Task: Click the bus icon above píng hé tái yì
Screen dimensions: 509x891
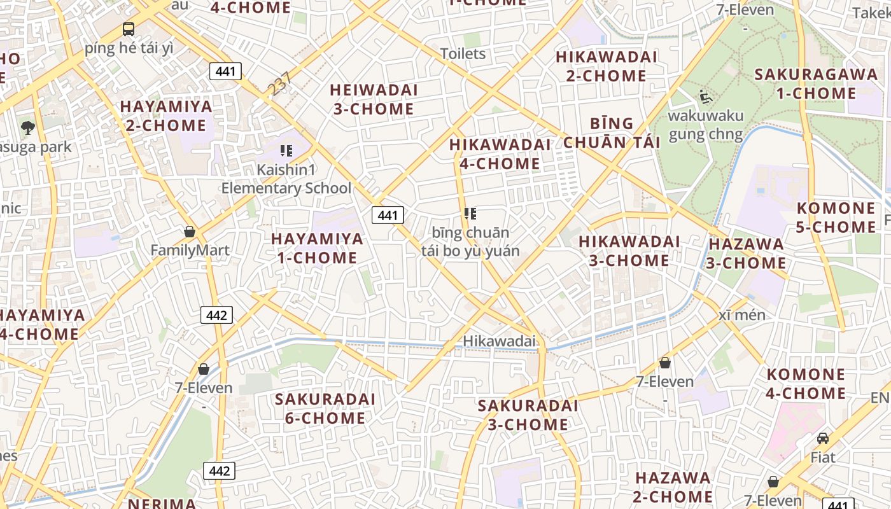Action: [129, 29]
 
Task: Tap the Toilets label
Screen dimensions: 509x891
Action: [463, 53]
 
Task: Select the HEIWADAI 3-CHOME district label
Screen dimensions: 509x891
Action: [374, 99]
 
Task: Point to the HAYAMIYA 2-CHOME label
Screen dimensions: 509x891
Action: [166, 115]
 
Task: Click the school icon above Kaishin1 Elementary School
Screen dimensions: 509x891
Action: [286, 151]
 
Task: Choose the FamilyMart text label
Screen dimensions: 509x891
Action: [190, 250]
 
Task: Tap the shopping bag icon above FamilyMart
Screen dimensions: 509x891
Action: [189, 232]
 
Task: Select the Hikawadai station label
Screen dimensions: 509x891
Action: [500, 341]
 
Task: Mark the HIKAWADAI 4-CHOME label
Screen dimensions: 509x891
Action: [500, 154]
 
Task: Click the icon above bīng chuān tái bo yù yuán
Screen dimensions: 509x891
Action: [470, 214]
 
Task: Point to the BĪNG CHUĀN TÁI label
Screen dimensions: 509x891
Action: [612, 132]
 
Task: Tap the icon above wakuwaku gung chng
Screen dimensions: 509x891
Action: [705, 97]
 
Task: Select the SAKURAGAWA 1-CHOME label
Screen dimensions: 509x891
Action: [816, 83]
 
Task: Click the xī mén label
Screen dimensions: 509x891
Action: [742, 315]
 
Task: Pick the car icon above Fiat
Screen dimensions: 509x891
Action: [823, 438]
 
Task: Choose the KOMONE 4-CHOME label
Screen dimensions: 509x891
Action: [806, 384]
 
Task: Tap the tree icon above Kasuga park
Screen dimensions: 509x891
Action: [27, 128]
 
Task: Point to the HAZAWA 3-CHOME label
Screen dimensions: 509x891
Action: [747, 253]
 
